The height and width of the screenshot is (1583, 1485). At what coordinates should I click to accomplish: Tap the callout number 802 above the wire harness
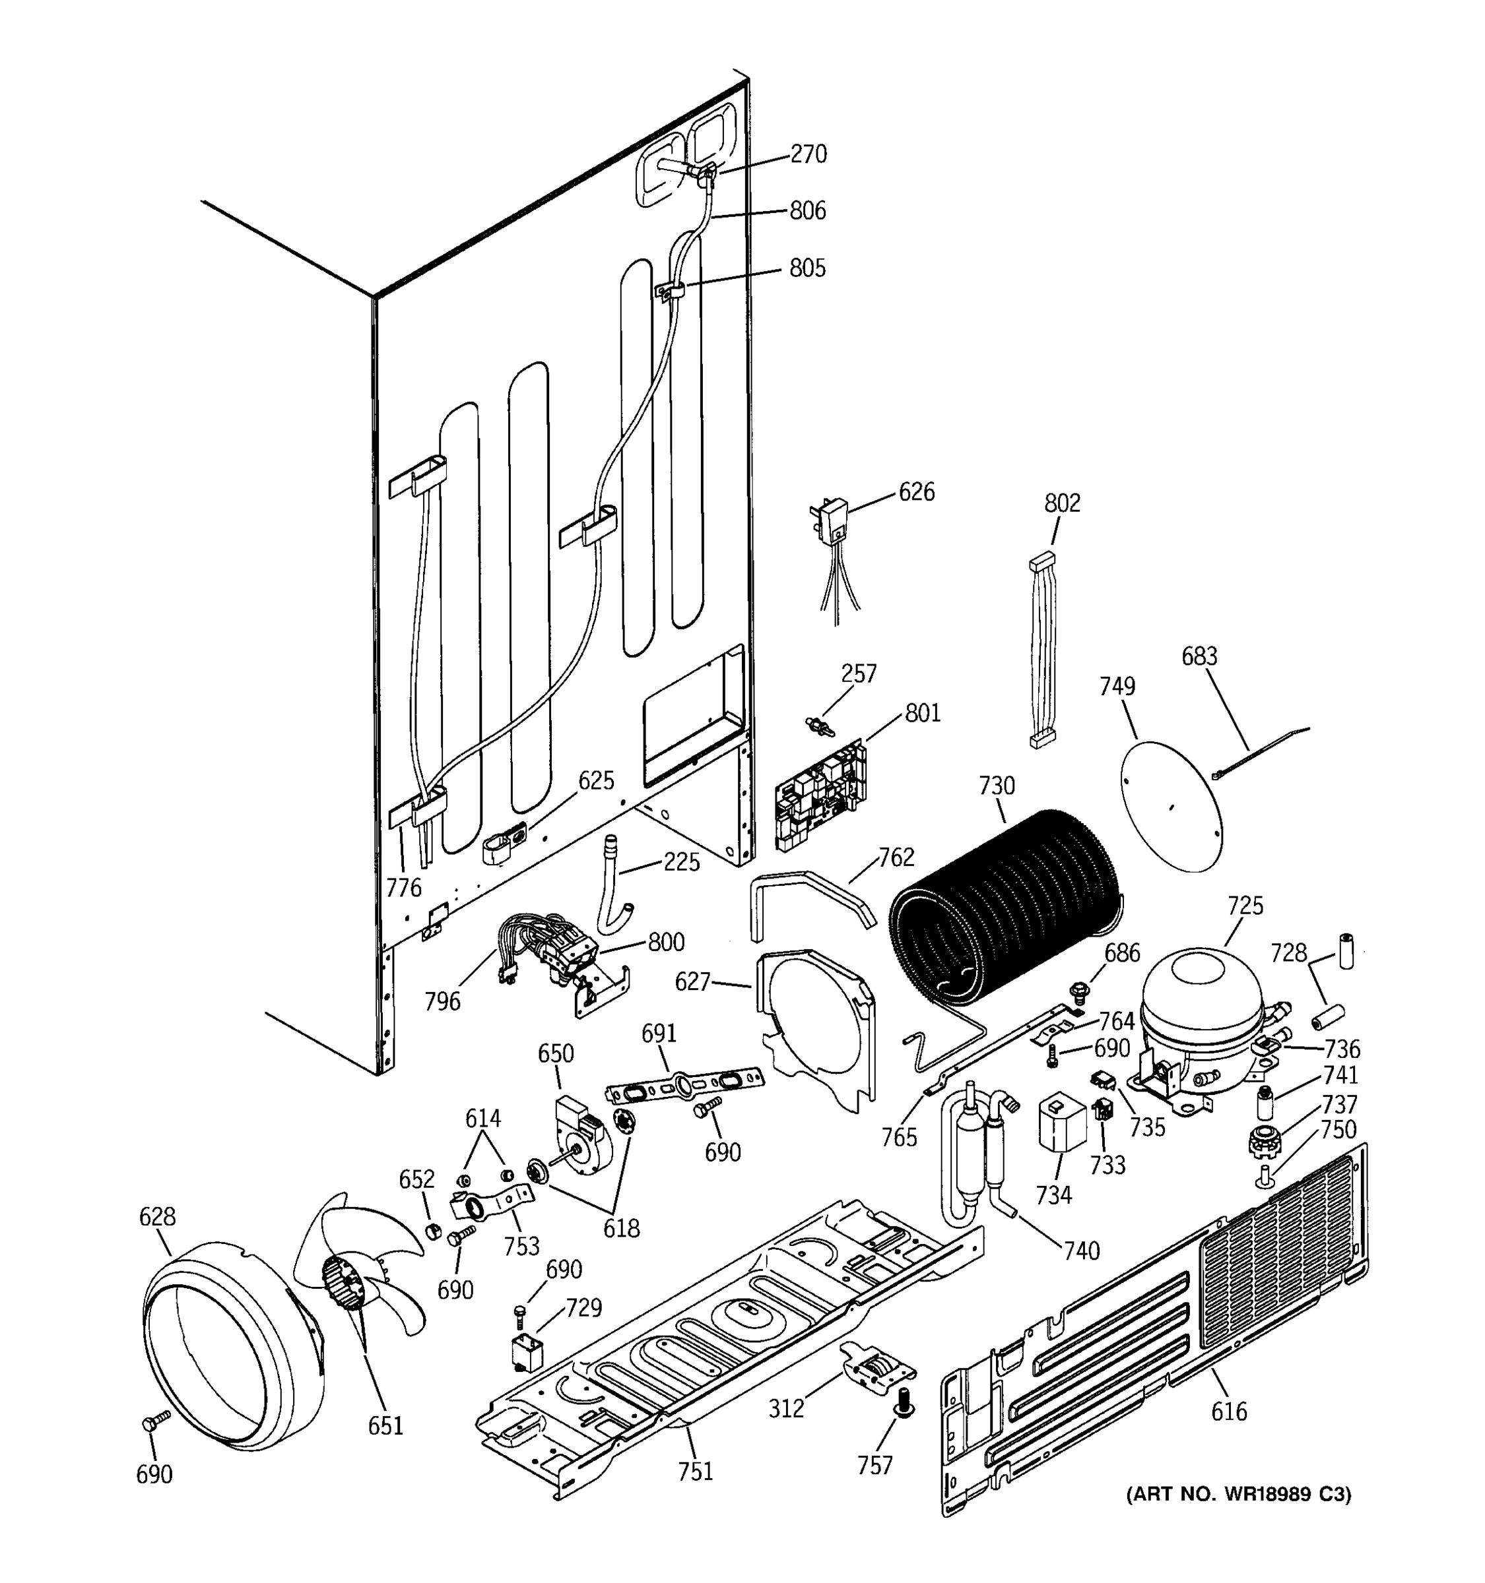[1062, 503]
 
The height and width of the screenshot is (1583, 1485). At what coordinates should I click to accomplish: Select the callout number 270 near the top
[808, 154]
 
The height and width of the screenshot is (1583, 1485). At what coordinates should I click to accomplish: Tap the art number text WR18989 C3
[1238, 1495]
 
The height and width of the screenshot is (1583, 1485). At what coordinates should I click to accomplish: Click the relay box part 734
[1061, 1123]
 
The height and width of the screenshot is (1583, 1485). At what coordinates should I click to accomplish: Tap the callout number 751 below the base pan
[695, 1472]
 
